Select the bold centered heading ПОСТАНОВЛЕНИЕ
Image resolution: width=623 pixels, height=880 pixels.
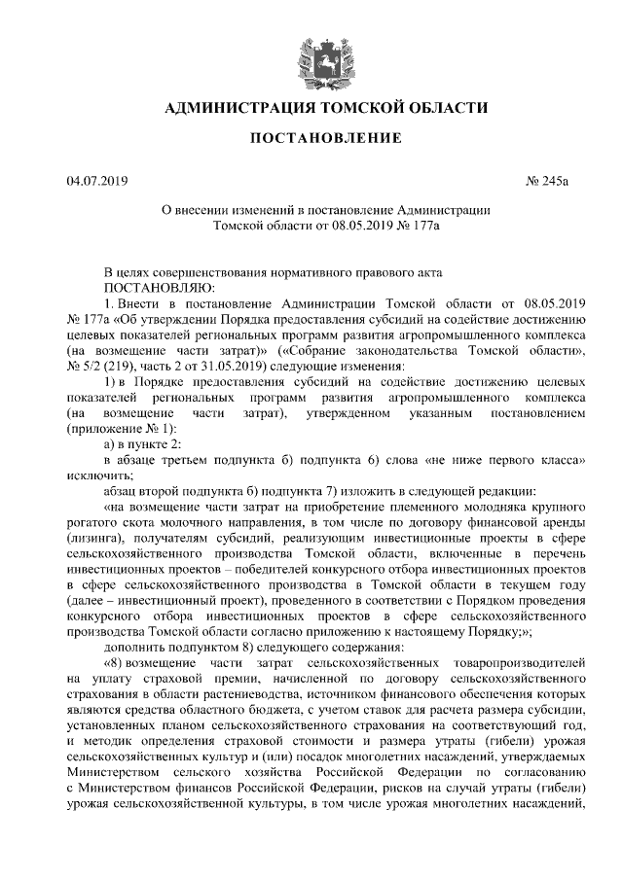(325, 139)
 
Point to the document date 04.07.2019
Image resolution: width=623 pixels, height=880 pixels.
(97, 182)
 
